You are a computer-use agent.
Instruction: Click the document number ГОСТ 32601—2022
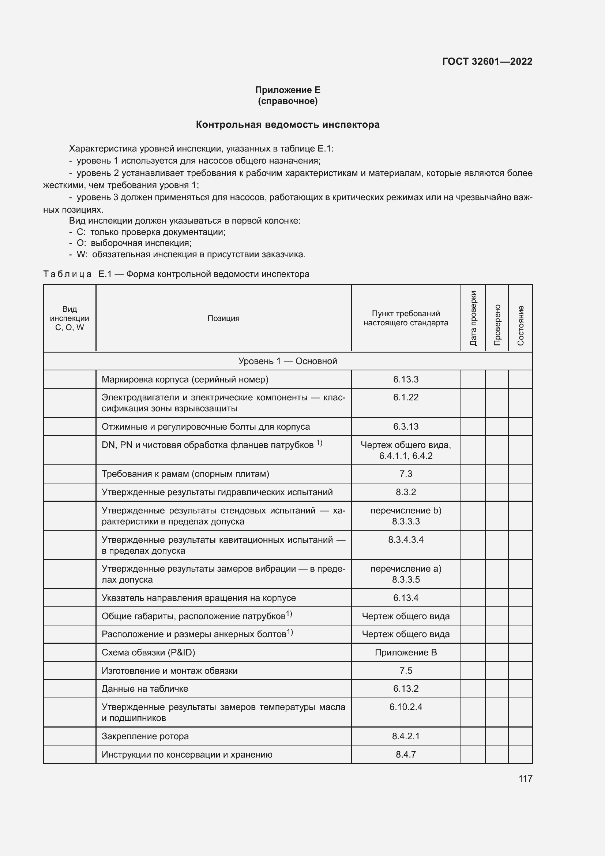coord(487,61)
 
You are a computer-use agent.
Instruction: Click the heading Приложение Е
coord(288,90)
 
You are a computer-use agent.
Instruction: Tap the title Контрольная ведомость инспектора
coord(288,124)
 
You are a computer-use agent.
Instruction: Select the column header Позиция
coord(223,318)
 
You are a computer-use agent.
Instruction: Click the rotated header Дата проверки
coord(473,318)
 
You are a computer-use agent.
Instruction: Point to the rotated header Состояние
coord(521,325)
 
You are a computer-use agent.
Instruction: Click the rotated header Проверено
coord(497,324)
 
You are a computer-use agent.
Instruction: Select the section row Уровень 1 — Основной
coord(288,361)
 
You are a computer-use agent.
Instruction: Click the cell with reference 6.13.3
coord(406,379)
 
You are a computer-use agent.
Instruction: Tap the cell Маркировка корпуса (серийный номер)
coord(185,379)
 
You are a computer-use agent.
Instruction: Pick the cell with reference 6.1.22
coord(406,397)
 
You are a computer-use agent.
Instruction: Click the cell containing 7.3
coord(406,474)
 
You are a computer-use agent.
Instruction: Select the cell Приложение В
coord(406,652)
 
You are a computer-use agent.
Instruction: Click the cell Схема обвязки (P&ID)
coord(148,652)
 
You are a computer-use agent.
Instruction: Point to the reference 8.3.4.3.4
coord(406,539)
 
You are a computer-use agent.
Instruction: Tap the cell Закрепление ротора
coord(145,736)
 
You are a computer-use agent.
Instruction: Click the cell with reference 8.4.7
coord(406,754)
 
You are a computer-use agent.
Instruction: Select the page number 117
coord(525,778)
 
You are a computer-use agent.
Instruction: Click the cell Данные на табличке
coord(144,689)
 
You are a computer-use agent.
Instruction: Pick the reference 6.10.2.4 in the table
coord(406,707)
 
